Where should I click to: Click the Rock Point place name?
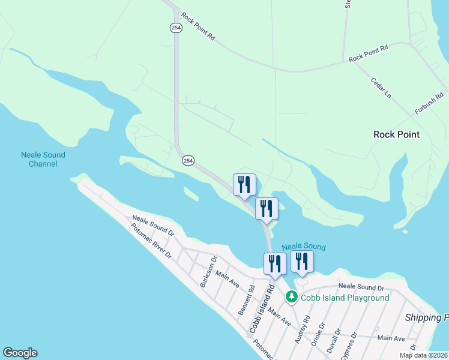[396, 134]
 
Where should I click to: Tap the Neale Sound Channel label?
[43, 159]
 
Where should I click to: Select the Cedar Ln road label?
[381, 88]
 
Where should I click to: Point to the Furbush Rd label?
[430, 103]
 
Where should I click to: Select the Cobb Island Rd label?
[262, 310]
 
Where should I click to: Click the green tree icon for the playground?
[291, 296]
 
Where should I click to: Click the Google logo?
[20, 353]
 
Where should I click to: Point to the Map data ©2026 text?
[423, 355]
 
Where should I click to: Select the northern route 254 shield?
[175, 28]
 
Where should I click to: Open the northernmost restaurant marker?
[244, 185]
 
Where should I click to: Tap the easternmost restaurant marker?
[302, 261]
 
